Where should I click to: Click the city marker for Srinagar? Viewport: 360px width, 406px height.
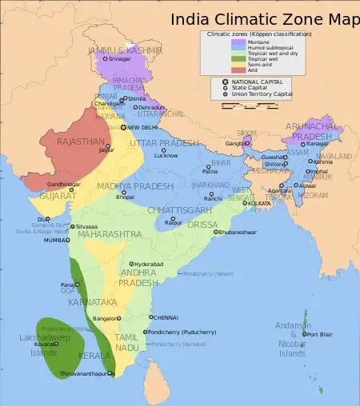click(104, 58)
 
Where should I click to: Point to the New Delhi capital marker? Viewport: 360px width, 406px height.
click(123, 127)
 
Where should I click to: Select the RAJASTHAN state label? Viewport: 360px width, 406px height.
click(80, 141)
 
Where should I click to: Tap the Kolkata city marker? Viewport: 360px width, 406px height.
click(247, 204)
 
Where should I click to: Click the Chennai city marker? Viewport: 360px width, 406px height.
click(150, 316)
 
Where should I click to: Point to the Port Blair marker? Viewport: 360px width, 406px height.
click(305, 334)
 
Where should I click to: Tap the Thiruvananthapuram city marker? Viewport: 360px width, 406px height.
click(107, 373)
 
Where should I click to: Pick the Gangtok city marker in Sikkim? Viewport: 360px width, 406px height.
click(247, 143)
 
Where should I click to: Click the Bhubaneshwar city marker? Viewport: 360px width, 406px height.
click(215, 232)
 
